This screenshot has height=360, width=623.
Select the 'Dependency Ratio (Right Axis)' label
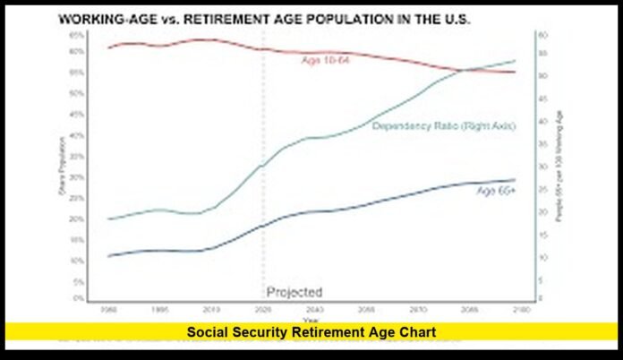444,126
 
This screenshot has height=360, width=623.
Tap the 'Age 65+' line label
496,191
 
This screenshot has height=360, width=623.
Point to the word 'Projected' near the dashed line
294,292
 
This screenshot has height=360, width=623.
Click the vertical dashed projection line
263,179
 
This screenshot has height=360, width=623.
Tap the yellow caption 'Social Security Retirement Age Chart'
311,331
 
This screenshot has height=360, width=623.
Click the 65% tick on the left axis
80,34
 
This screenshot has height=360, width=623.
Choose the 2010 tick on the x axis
211,309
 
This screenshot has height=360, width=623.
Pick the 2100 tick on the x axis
518,309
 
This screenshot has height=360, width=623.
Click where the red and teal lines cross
465,70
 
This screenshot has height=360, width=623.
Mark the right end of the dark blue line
516,180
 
